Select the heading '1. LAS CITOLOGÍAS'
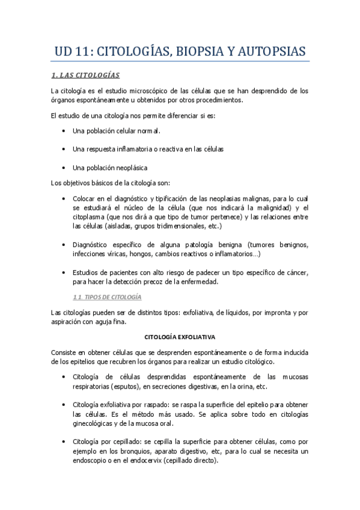point(85,75)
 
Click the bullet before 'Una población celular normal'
point(64,131)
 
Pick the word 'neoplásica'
point(132,168)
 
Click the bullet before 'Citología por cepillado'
point(64,442)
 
